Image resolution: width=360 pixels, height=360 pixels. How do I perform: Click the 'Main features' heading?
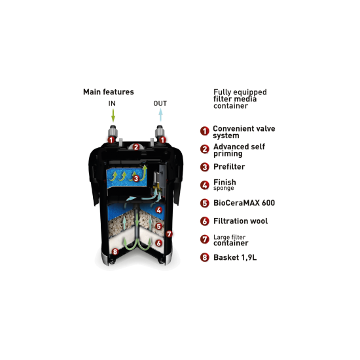pos(109,92)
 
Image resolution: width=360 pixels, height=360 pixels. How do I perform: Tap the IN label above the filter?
pos(112,103)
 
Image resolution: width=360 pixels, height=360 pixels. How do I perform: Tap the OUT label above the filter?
pos(160,103)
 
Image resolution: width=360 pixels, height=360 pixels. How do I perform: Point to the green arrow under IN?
pos(113,115)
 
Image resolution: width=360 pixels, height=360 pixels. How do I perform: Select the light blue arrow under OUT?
pos(161,115)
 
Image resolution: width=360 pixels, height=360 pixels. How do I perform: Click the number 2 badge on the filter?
pos(136,147)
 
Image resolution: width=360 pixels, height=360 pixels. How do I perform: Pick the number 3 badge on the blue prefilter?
pos(136,179)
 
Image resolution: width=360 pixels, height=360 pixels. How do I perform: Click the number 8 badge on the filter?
pos(115,251)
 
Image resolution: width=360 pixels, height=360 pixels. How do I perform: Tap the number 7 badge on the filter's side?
pos(170,234)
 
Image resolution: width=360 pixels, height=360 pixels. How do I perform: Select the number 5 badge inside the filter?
pos(158,226)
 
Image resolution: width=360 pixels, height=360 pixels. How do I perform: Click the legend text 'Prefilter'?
pos(229,167)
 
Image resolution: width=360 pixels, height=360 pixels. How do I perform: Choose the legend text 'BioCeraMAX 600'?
pos(244,203)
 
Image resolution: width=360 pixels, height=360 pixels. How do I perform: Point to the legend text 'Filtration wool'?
pos(241,221)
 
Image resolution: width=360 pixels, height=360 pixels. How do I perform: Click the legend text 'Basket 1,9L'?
pos(235,257)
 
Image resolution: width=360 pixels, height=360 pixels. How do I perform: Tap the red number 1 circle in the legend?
pos(205,131)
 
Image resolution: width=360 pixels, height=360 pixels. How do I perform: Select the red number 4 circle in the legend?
pos(205,185)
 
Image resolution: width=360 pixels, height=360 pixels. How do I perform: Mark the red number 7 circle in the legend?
pos(205,239)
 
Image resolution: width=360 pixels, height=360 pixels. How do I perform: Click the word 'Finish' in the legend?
pos(225,183)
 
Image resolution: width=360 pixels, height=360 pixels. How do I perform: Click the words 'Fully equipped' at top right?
pos(240,92)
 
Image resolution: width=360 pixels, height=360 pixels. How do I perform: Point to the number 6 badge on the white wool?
pos(158,243)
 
